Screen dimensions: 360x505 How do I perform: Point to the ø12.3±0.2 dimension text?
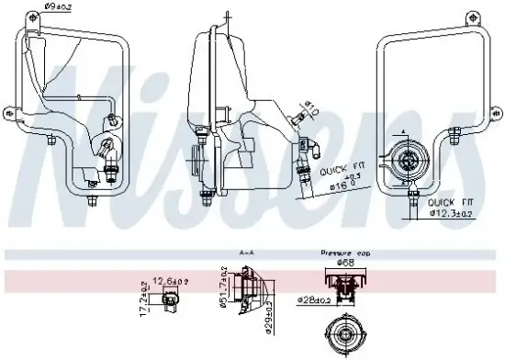tap(452, 213)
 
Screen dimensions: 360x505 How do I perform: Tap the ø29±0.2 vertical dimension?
tap(223, 325)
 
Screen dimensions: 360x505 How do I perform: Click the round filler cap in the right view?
tap(405, 163)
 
